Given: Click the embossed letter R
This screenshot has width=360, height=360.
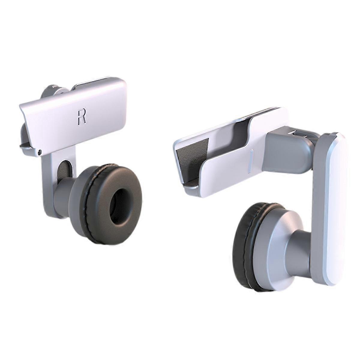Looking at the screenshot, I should click(82, 116).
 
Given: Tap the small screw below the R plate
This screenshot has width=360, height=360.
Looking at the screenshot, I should click(40, 152).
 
